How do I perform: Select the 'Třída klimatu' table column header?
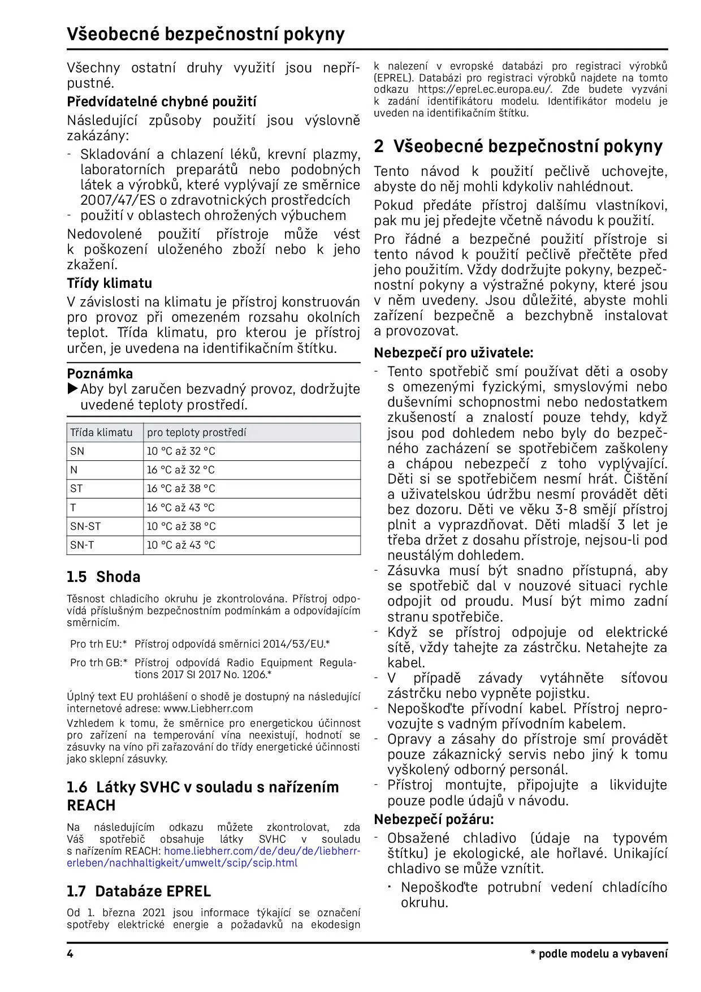pos(101,433)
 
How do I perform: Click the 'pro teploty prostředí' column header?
pos(196,433)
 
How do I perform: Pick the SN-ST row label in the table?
pos(85,527)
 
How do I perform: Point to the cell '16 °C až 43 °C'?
pos(181,508)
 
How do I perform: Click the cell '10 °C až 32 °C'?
pos(181,451)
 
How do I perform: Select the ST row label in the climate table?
pos(76,489)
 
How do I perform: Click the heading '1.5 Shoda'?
pos(103,577)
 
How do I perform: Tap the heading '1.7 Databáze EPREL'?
pos(139,891)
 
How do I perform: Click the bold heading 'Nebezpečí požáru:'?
pos(434,820)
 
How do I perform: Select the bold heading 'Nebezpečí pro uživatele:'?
pos(453,353)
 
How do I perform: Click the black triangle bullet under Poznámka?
pos(72,389)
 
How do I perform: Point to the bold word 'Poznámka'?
pos(100,374)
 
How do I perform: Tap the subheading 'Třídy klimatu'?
pos(109,283)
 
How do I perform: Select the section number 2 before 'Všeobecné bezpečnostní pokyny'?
pos(379,146)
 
